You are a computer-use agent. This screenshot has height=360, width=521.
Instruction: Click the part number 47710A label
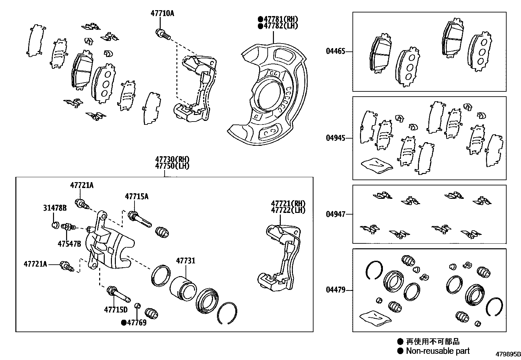coord(162,13)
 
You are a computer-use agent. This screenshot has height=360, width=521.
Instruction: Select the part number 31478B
coord(55,208)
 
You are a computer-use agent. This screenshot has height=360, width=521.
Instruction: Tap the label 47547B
coord(69,244)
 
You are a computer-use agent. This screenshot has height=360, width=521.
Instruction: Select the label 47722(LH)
coord(288,210)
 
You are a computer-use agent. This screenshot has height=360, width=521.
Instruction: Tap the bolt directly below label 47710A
coord(163,34)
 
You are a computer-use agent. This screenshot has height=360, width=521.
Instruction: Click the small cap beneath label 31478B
coord(55,225)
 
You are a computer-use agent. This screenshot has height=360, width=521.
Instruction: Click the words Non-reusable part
coord(438,351)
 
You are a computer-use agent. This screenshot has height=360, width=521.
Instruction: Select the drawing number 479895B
coord(508,354)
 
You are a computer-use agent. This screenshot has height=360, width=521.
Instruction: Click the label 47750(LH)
coord(172,166)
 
